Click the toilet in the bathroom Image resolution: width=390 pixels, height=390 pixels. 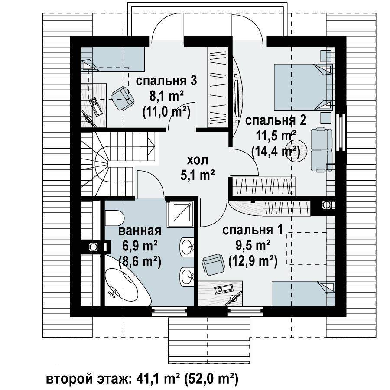[114, 218]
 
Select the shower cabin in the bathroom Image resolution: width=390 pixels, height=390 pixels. [181, 214]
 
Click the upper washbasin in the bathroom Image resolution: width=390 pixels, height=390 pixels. [187, 247]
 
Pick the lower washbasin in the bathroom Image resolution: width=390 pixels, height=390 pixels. [187, 276]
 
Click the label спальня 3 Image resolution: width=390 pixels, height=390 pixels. [166, 81]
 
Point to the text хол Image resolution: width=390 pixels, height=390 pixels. [197, 160]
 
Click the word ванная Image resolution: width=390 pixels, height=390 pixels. [140, 231]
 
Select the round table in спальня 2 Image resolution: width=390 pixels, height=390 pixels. [296, 151]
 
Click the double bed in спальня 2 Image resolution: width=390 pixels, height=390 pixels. [303, 87]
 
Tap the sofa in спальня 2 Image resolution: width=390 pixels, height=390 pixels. [322, 149]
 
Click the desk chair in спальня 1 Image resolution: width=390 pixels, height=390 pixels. [213, 264]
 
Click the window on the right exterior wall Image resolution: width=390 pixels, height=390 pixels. [341, 132]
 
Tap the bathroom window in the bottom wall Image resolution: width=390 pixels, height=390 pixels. [169, 311]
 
